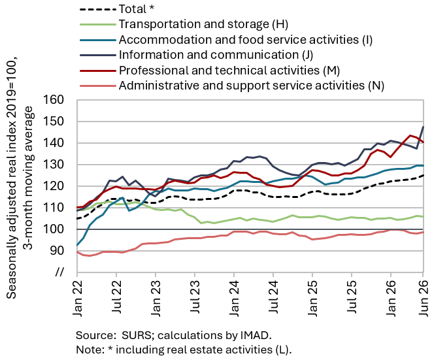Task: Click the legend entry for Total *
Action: pyautogui.click(x=117, y=9)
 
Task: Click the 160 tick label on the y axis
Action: pyautogui.click(x=54, y=100)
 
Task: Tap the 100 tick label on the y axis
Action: pyautogui.click(x=54, y=229)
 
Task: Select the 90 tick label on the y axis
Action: pyautogui.click(x=57, y=251)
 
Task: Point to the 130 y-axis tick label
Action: pyautogui.click(x=54, y=165)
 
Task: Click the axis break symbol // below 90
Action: pyautogui.click(x=59, y=272)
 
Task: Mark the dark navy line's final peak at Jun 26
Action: pyautogui.click(x=424, y=127)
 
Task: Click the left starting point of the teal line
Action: pyautogui.click(x=77, y=245)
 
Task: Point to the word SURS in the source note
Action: pyautogui.click(x=136, y=335)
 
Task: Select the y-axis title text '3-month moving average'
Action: pyautogui.click(x=28, y=178)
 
